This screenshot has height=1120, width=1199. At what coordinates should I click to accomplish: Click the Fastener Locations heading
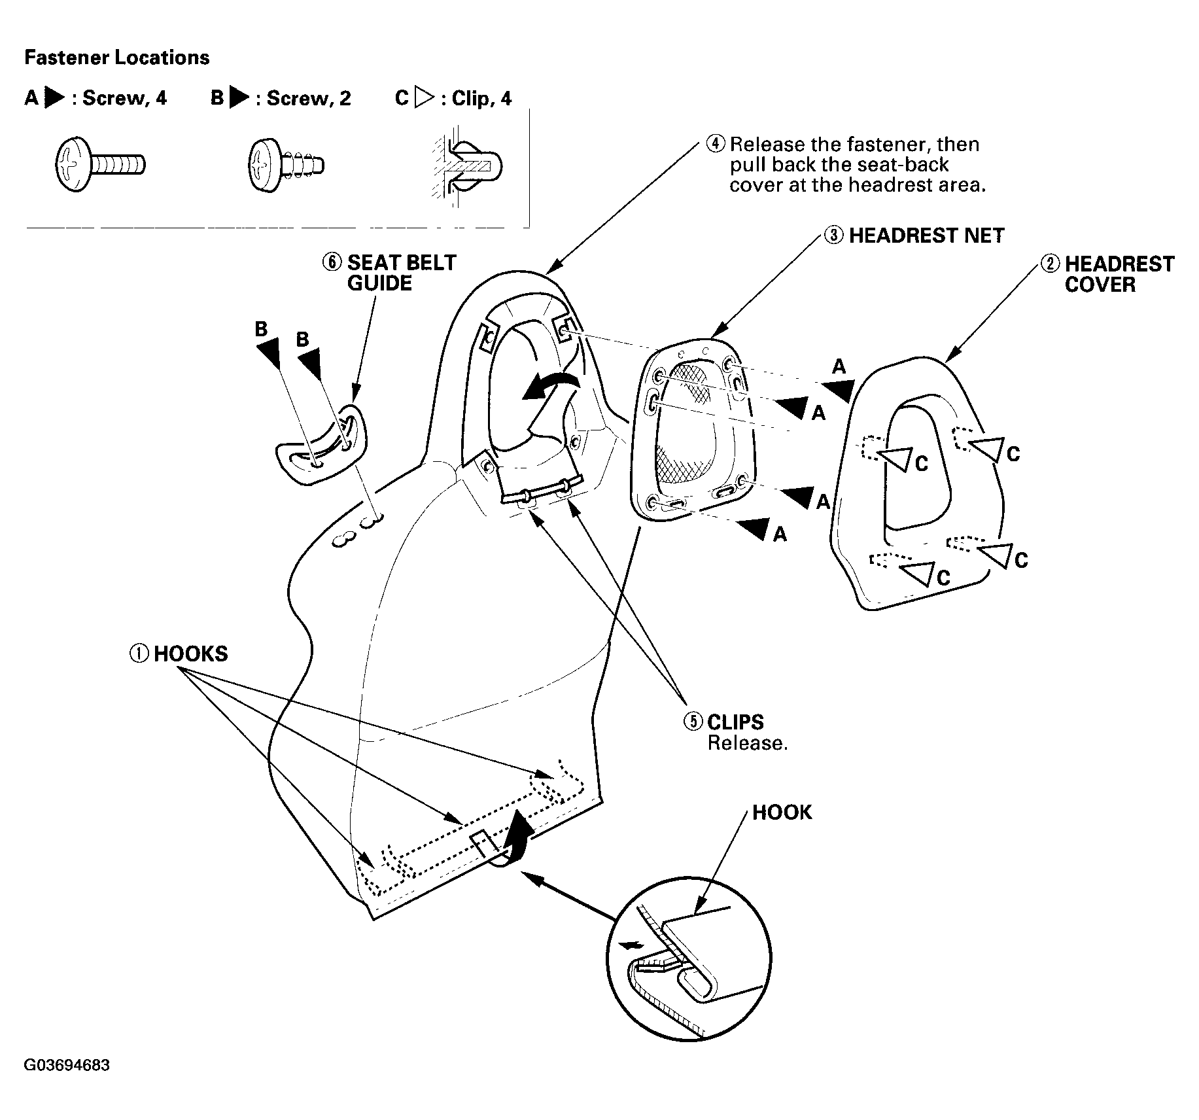coord(117,58)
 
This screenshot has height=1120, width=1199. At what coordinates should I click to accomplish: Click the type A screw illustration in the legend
coord(99,164)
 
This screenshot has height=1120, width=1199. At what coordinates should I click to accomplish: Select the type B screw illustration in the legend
coord(286,164)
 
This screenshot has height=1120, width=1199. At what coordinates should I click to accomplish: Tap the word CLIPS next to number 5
coord(735,722)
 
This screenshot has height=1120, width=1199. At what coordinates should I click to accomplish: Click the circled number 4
coord(717,144)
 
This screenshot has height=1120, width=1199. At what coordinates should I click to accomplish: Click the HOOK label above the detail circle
coord(782,813)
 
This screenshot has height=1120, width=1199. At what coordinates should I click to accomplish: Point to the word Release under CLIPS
coord(748,743)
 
